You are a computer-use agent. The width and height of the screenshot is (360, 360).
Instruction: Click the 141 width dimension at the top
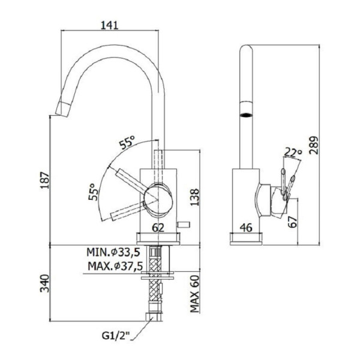pyautogui.click(x=110, y=25)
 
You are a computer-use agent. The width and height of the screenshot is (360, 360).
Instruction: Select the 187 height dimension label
pyautogui.click(x=45, y=180)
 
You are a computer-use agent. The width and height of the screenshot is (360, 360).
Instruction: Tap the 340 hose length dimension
pyautogui.click(x=45, y=283)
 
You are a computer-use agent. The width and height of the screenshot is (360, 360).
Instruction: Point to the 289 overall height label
pyautogui.click(x=314, y=146)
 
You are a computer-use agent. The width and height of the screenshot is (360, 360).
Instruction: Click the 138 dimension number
pyautogui.click(x=194, y=197)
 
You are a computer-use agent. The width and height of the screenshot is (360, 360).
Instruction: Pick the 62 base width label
pyautogui.click(x=158, y=228)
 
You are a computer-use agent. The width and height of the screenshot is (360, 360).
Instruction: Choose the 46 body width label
pyautogui.click(x=246, y=227)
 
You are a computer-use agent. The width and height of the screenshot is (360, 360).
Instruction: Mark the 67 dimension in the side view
pyautogui.click(x=293, y=222)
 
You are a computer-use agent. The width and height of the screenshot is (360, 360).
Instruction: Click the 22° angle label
pyautogui.click(x=293, y=152)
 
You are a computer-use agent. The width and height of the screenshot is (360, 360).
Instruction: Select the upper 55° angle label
pyautogui.click(x=127, y=142)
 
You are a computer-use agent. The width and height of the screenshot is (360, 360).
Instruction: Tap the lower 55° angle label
pyautogui.click(x=94, y=192)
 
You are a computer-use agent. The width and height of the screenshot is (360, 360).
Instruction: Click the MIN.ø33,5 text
pyautogui.click(x=113, y=252)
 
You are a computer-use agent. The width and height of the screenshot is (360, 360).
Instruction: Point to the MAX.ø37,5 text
pyautogui.click(x=115, y=266)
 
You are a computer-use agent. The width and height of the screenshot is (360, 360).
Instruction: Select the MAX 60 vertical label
pyautogui.click(x=194, y=293)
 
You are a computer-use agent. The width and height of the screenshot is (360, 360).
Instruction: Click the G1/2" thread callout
pyautogui.click(x=116, y=336)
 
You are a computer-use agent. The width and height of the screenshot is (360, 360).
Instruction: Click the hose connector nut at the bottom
pyautogui.click(x=154, y=317)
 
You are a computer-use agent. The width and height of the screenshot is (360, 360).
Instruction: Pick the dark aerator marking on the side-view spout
pyautogui.click(x=246, y=115)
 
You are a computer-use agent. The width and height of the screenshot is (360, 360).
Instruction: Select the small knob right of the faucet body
pyautogui.click(x=183, y=224)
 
